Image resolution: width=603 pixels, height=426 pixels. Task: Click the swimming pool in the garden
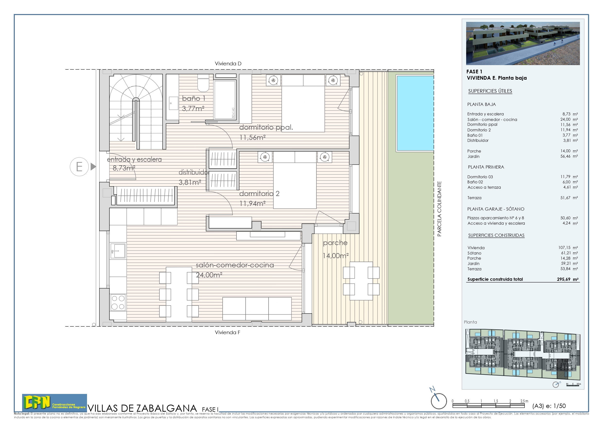[415, 113]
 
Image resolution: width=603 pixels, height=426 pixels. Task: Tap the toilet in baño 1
[203, 84]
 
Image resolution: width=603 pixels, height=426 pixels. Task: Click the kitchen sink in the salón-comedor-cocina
[118, 251]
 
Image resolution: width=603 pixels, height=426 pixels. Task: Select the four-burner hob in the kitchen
[118, 302]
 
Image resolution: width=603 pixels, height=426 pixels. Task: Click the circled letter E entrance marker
[79, 167]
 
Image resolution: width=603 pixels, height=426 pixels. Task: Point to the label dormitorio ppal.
[266, 128]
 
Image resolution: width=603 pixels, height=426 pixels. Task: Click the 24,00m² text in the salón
[209, 275]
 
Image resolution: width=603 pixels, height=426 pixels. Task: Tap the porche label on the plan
[335, 243]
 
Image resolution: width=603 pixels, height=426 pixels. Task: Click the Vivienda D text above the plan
[228, 64]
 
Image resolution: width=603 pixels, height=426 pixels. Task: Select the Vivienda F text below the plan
[227, 332]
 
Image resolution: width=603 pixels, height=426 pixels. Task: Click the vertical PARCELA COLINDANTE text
[439, 209]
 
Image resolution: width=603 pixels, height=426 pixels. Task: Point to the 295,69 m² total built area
[568, 279]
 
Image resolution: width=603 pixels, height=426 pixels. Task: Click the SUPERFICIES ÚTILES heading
[490, 91]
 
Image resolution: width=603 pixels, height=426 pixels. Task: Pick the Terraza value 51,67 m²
[569, 198]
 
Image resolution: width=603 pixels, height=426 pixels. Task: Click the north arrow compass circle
[439, 401]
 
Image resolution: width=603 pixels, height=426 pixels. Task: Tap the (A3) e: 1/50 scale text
[549, 406]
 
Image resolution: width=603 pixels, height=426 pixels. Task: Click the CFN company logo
[54, 403]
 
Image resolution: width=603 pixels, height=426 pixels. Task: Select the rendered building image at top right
[523, 43]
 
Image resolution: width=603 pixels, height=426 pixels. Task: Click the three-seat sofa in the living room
[257, 309]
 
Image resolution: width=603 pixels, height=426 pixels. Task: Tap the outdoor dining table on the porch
[361, 281]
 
